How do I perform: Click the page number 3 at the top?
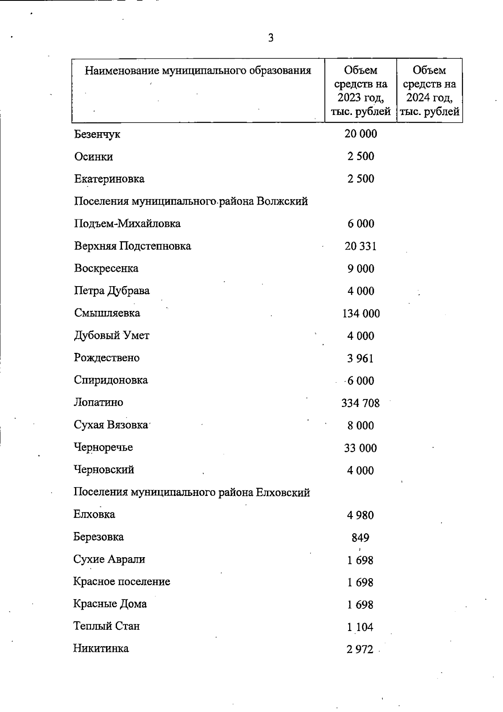[271, 38]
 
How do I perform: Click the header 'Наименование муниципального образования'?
[198, 70]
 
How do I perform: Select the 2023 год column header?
[360, 91]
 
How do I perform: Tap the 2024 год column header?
[429, 91]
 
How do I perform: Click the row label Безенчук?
[97, 135]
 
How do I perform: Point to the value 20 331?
[360, 246]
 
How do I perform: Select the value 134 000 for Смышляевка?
[361, 313]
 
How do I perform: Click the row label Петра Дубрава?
[112, 291]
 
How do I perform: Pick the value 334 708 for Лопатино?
[360, 403]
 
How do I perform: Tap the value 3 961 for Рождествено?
[360, 358]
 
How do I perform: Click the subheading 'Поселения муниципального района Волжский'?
[191, 201]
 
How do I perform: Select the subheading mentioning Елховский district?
[192, 493]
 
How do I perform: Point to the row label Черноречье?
[104, 448]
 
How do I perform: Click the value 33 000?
[360, 448]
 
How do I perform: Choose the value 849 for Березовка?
[360, 537]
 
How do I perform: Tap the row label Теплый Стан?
[106, 626]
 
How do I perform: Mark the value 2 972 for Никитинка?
[360, 649]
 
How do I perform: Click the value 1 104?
[360, 627]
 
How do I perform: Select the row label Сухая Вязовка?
[111, 425]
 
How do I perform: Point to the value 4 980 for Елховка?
[360, 515]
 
